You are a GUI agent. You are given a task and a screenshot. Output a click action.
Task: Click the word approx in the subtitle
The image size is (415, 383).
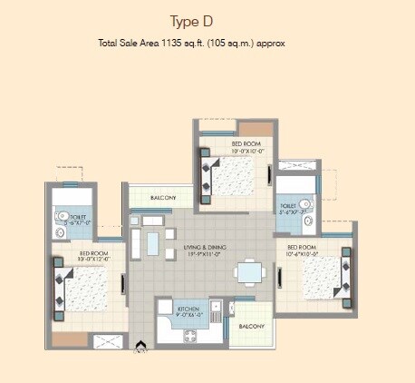(x=271, y=43)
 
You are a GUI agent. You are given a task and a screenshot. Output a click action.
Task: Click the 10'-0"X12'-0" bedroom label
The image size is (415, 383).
(x=93, y=259)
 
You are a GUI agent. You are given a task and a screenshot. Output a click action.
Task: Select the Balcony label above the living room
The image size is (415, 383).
(x=163, y=196)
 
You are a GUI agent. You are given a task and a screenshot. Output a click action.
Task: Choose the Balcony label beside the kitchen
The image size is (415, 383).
(x=251, y=326)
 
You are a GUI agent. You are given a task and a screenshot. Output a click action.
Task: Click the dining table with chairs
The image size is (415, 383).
(x=247, y=270)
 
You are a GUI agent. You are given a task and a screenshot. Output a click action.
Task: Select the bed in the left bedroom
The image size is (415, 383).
(x=86, y=290)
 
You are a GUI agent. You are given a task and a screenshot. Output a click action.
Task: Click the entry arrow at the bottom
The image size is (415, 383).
(x=141, y=345)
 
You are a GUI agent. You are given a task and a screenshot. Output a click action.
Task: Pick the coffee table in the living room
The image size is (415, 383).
(x=154, y=243)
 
